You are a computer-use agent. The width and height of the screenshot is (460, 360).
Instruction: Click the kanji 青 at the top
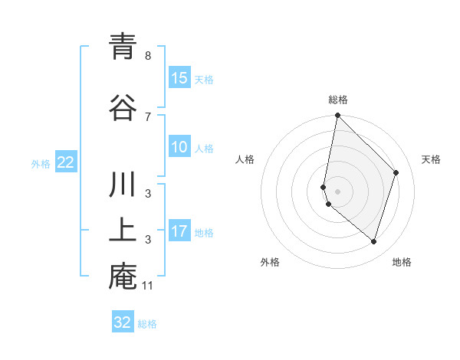pos(123,48)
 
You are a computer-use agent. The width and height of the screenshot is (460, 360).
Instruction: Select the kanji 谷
pos(123,107)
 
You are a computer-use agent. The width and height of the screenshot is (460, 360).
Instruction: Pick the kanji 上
pos(123,231)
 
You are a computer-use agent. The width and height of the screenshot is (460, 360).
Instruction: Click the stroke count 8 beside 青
pos(147,56)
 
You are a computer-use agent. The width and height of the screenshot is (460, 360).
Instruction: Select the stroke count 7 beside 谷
pos(147,116)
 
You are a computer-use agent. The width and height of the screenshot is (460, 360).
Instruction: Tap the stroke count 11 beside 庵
pos(149,286)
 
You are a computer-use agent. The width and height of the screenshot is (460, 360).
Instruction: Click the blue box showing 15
pos(179,78)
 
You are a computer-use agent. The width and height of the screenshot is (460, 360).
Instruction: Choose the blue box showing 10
pos(179,147)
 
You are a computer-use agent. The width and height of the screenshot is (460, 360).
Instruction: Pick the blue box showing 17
pos(179,231)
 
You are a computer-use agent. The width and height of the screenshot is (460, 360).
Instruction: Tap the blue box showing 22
pos(66,162)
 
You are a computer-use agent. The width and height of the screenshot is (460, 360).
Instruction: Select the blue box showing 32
pos(123,322)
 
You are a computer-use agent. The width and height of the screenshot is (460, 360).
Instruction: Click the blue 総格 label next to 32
pos(147,324)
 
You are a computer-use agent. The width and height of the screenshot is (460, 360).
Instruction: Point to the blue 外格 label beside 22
pos(41,163)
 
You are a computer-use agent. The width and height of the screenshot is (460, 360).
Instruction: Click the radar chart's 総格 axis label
pos(338,100)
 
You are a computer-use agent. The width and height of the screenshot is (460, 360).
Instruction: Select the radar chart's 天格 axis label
pos(431,159)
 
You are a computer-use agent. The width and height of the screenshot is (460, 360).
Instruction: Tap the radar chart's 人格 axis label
pos(245,159)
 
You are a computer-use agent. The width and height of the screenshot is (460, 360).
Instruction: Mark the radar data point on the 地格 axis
pos(373,241)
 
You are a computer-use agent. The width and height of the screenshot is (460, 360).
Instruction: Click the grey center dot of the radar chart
pos(338,191)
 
